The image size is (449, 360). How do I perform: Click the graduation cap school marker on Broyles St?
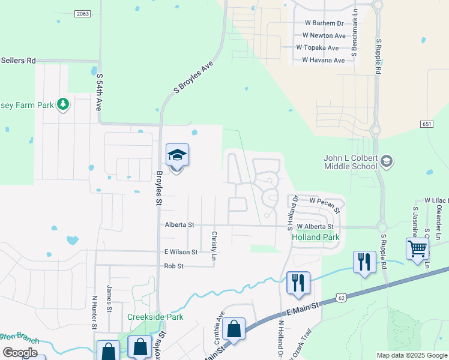point(177,156)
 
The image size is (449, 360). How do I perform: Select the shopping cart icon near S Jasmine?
point(417,249)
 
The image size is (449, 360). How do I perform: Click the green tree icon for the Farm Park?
point(63,105)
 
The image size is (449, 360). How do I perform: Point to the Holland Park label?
point(315,237)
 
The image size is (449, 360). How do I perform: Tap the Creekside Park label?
point(155,317)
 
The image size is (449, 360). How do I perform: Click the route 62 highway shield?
point(342,297)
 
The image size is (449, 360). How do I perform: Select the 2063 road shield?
point(83,13)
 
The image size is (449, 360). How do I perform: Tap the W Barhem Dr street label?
point(323,23)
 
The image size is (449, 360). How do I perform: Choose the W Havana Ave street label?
point(323,60)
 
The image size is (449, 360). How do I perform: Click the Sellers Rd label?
point(19,61)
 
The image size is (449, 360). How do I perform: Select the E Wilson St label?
point(177,252)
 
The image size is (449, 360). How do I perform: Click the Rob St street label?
point(173,266)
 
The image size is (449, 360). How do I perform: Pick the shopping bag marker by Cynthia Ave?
point(234,329)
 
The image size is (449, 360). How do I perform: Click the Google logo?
point(20,353)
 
